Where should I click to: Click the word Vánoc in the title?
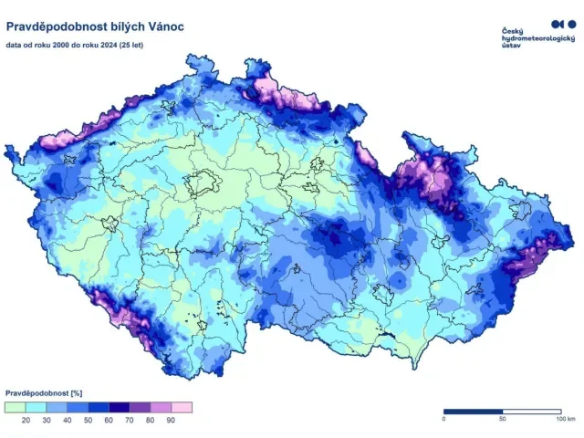coord(163,26)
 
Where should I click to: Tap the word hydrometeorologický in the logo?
coord(537,39)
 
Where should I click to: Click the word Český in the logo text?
coord(514,32)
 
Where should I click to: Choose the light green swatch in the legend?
coord(16,406)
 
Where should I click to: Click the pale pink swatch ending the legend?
coord(181,406)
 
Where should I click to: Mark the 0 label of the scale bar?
coord(444,419)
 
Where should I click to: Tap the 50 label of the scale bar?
coord(502,419)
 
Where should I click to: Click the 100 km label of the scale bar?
coord(564,419)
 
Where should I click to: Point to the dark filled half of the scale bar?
coord(473,412)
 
